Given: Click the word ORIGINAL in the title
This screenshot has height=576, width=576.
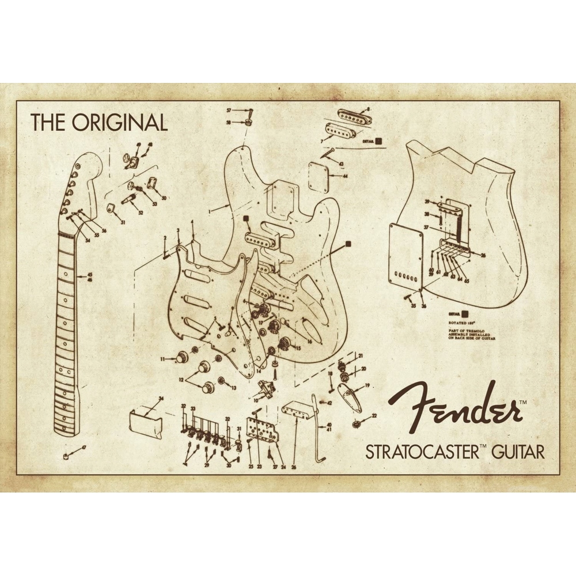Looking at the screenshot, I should (x=119, y=122).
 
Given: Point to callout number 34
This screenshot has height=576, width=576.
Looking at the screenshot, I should (x=161, y=399).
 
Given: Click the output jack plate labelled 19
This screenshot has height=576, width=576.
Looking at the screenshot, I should (x=351, y=397).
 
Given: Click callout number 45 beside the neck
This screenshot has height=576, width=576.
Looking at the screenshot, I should (x=89, y=274).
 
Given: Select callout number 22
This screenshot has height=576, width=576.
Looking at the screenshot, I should (x=374, y=415).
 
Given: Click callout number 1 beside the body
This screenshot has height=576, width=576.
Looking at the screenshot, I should (x=210, y=211).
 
